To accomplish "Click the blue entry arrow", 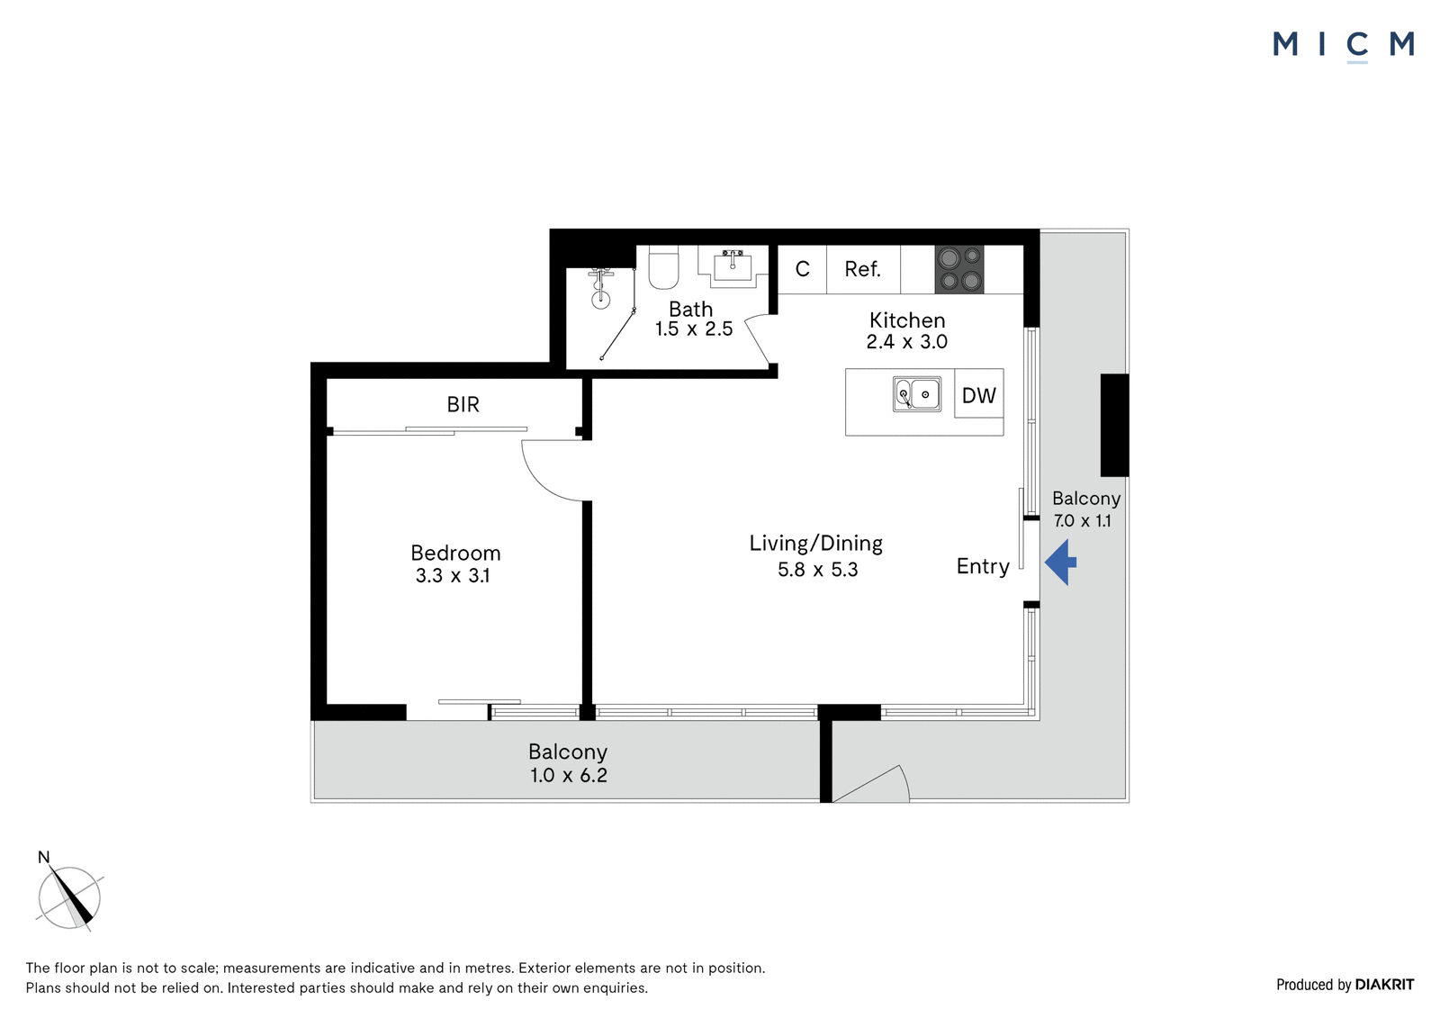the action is pos(1060,563).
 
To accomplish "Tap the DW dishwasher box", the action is pos(979,394).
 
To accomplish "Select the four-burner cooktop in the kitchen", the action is pos(959,269).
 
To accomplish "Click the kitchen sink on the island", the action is pos(917,394).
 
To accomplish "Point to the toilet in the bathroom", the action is pos(664,267).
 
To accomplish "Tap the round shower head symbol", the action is pos(601,300).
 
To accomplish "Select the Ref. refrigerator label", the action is pos(862,269).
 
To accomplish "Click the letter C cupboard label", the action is pos(802,269).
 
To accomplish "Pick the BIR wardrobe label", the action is pos(463,404).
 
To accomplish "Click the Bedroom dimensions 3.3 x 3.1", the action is pos(453,575).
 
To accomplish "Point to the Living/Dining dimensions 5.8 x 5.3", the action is pos(818,570).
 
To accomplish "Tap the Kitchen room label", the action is pos(907,320).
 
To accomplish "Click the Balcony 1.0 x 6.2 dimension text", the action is pos(568,775).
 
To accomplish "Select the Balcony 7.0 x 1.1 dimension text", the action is pos(1083,520).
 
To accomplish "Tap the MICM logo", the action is pos(1344,46).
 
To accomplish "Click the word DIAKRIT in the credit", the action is pos(1384,985).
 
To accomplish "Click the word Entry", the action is pos(982,566).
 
